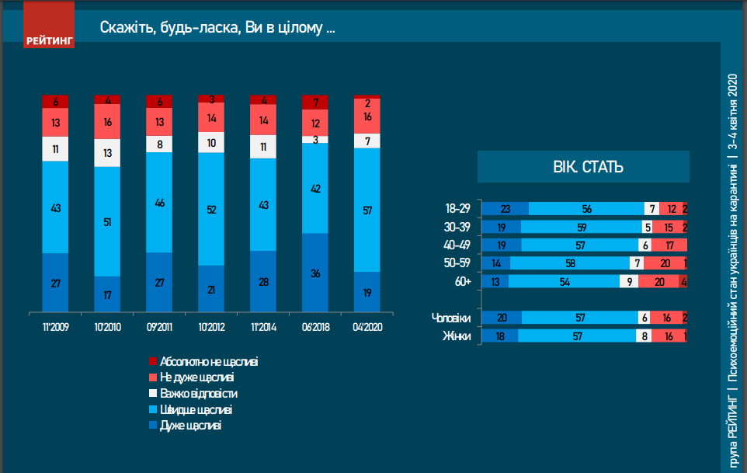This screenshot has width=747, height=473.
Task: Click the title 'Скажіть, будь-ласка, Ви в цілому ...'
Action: click(217, 28)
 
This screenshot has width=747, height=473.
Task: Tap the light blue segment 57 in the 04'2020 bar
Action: click(367, 210)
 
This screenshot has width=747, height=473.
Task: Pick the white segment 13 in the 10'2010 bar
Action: click(107, 153)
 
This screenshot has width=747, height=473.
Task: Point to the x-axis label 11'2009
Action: click(56, 327)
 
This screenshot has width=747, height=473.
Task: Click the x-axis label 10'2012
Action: click(211, 327)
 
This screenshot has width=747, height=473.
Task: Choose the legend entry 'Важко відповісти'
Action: click(198, 394)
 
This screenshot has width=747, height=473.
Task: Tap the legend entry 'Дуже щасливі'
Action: click(189, 426)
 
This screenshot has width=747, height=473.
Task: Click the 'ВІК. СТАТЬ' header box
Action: click(583, 167)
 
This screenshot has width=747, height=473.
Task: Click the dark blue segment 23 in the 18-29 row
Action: click(506, 209)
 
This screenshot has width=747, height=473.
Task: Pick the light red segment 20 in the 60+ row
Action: click(659, 282)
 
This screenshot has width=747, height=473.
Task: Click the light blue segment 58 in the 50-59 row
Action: click(572, 263)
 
